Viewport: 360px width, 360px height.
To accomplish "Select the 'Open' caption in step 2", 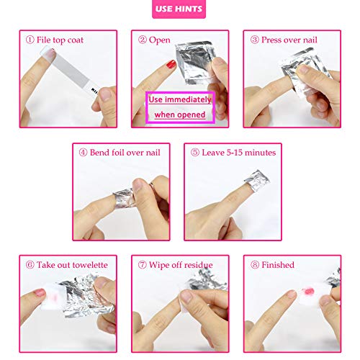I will pyautogui.click(x=160, y=40).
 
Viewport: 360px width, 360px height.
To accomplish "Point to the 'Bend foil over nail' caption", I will pyautogui.click(x=127, y=152).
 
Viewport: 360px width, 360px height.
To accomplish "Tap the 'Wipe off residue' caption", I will pyautogui.click(x=180, y=265).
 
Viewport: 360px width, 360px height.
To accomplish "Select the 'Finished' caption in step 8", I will pyautogui.click(x=278, y=265).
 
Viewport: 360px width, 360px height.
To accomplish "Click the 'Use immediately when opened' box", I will pyautogui.click(x=180, y=107).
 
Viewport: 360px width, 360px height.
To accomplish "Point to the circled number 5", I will pyautogui.click(x=194, y=152).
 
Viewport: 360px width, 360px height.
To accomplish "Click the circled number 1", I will pyautogui.click(x=28, y=40).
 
